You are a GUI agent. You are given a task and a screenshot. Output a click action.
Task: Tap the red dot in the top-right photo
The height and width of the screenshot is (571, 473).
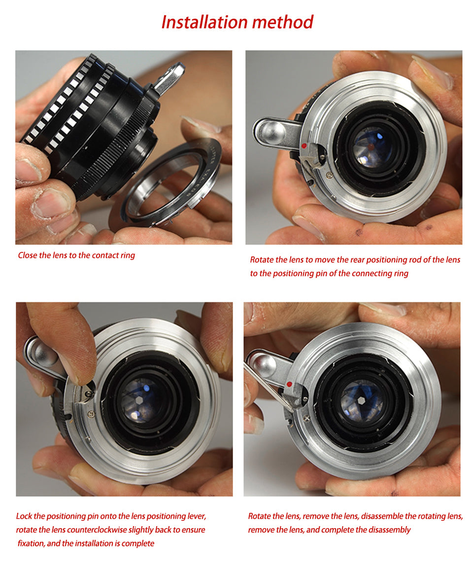click(304, 146)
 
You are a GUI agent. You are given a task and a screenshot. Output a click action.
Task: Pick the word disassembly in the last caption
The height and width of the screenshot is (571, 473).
click(388, 530)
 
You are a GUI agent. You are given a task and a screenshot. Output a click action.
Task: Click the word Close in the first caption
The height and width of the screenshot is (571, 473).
click(27, 255)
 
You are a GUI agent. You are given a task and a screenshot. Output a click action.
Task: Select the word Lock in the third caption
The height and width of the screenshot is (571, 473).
click(24, 516)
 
